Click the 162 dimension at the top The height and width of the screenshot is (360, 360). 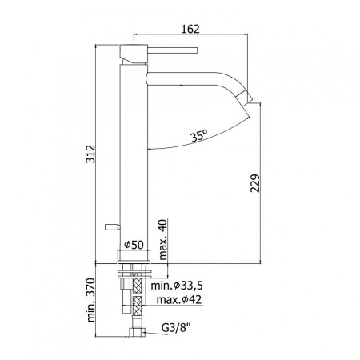(x=190, y=29)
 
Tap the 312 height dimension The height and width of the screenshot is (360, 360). (x=90, y=154)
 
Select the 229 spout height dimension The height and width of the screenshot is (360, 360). (x=255, y=183)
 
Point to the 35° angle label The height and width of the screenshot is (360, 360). (x=198, y=136)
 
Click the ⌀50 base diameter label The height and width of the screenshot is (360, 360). (x=134, y=245)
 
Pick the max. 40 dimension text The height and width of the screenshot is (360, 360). (x=162, y=239)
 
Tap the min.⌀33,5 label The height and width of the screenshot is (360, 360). (x=177, y=286)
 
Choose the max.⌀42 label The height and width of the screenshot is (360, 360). (x=178, y=300)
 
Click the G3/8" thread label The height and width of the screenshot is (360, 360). (x=176, y=328)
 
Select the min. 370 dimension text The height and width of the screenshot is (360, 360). (x=91, y=300)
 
